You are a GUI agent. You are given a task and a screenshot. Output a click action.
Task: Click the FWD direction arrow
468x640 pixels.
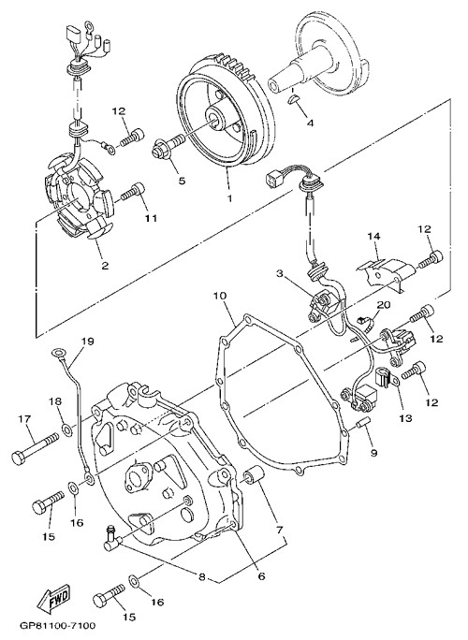52,598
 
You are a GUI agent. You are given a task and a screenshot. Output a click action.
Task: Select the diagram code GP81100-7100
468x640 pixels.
57,625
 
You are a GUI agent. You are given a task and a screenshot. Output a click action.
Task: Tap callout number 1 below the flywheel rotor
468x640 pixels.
230,198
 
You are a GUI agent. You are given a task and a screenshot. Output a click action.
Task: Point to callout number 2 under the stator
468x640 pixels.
105,266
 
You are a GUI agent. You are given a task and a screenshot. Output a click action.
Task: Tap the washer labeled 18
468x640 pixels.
66,429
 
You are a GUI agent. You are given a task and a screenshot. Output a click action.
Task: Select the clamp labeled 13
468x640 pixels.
385,380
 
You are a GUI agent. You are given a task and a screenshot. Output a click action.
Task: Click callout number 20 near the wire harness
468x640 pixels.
384,304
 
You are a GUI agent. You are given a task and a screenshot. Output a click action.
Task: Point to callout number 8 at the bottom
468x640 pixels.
202,577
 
